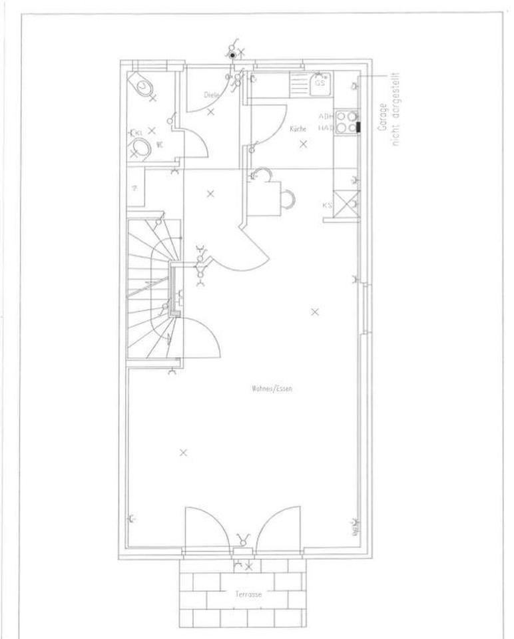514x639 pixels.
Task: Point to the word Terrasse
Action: click(x=246, y=594)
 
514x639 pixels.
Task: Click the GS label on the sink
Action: click(x=320, y=84)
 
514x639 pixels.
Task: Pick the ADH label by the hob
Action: click(x=326, y=115)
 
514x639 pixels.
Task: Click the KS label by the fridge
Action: click(x=327, y=206)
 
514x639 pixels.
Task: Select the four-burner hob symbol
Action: click(x=346, y=121)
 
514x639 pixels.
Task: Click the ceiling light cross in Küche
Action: click(x=304, y=144)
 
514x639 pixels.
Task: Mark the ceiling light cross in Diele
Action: click(x=210, y=112)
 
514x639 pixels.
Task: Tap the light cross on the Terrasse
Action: click(x=249, y=567)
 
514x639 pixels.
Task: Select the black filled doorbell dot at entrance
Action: click(x=232, y=55)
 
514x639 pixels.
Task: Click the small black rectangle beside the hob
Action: click(x=358, y=126)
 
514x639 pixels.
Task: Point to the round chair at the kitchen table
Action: click(x=288, y=198)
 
